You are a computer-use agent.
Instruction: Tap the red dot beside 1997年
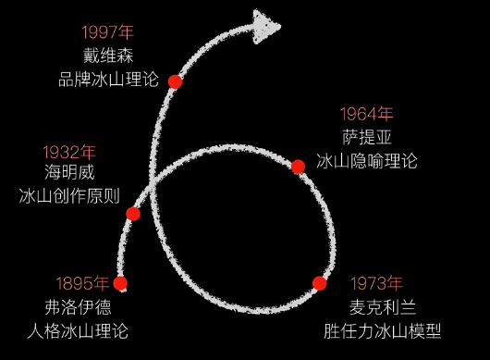pyautogui.click(x=175, y=81)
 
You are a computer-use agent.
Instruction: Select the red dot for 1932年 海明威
pyautogui.click(x=133, y=214)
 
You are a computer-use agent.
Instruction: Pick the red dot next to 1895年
pyautogui.click(x=120, y=283)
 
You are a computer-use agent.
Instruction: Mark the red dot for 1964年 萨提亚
pyautogui.click(x=298, y=167)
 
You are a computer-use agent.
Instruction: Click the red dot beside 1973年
pyautogui.click(x=320, y=283)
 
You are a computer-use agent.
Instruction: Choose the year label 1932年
pyautogui.click(x=69, y=151)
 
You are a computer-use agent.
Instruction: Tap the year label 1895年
pyautogui.click(x=82, y=283)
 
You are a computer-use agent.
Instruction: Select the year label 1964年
pyautogui.click(x=367, y=114)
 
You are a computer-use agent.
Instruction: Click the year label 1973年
pyautogui.click(x=376, y=283)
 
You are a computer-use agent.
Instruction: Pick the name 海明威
pyautogui.click(x=69, y=172)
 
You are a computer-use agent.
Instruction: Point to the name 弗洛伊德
pyautogui.click(x=83, y=306)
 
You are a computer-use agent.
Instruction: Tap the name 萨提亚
pyautogui.click(x=367, y=137)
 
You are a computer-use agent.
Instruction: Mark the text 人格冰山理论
pyautogui.click(x=83, y=329)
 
